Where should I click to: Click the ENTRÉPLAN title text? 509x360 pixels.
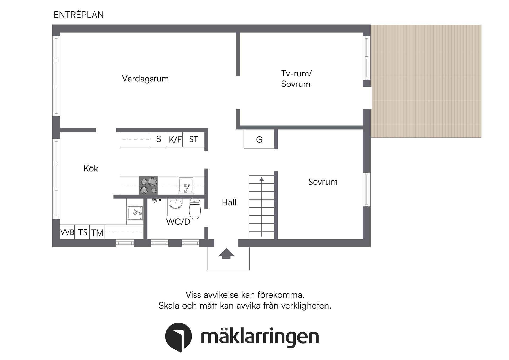pyautogui.click(x=78, y=15)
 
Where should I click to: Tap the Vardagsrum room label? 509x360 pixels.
pyautogui.click(x=145, y=79)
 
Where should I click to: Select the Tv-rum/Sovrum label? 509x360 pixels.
pyautogui.click(x=296, y=79)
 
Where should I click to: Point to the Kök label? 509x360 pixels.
pyautogui.click(x=91, y=168)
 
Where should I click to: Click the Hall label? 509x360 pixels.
pyautogui.click(x=229, y=203)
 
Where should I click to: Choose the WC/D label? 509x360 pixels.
pyautogui.click(x=178, y=222)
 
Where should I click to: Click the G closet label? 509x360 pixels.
pyautogui.click(x=259, y=140)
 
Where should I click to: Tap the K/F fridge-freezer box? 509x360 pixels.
pyautogui.click(x=175, y=140)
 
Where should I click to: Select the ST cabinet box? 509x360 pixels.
pyautogui.click(x=194, y=139)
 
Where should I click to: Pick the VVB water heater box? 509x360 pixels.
pyautogui.click(x=67, y=232)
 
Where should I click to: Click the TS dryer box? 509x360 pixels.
pyautogui.click(x=82, y=232)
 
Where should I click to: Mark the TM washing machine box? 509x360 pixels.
pyautogui.click(x=97, y=233)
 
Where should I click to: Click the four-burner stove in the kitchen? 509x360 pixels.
pyautogui.click(x=148, y=185)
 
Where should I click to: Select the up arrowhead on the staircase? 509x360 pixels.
pyautogui.click(x=262, y=179)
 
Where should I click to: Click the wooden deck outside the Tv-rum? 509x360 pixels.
pyautogui.click(x=426, y=81)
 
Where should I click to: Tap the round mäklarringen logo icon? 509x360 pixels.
pyautogui.click(x=178, y=337)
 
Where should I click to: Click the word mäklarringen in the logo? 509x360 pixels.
pyautogui.click(x=260, y=337)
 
